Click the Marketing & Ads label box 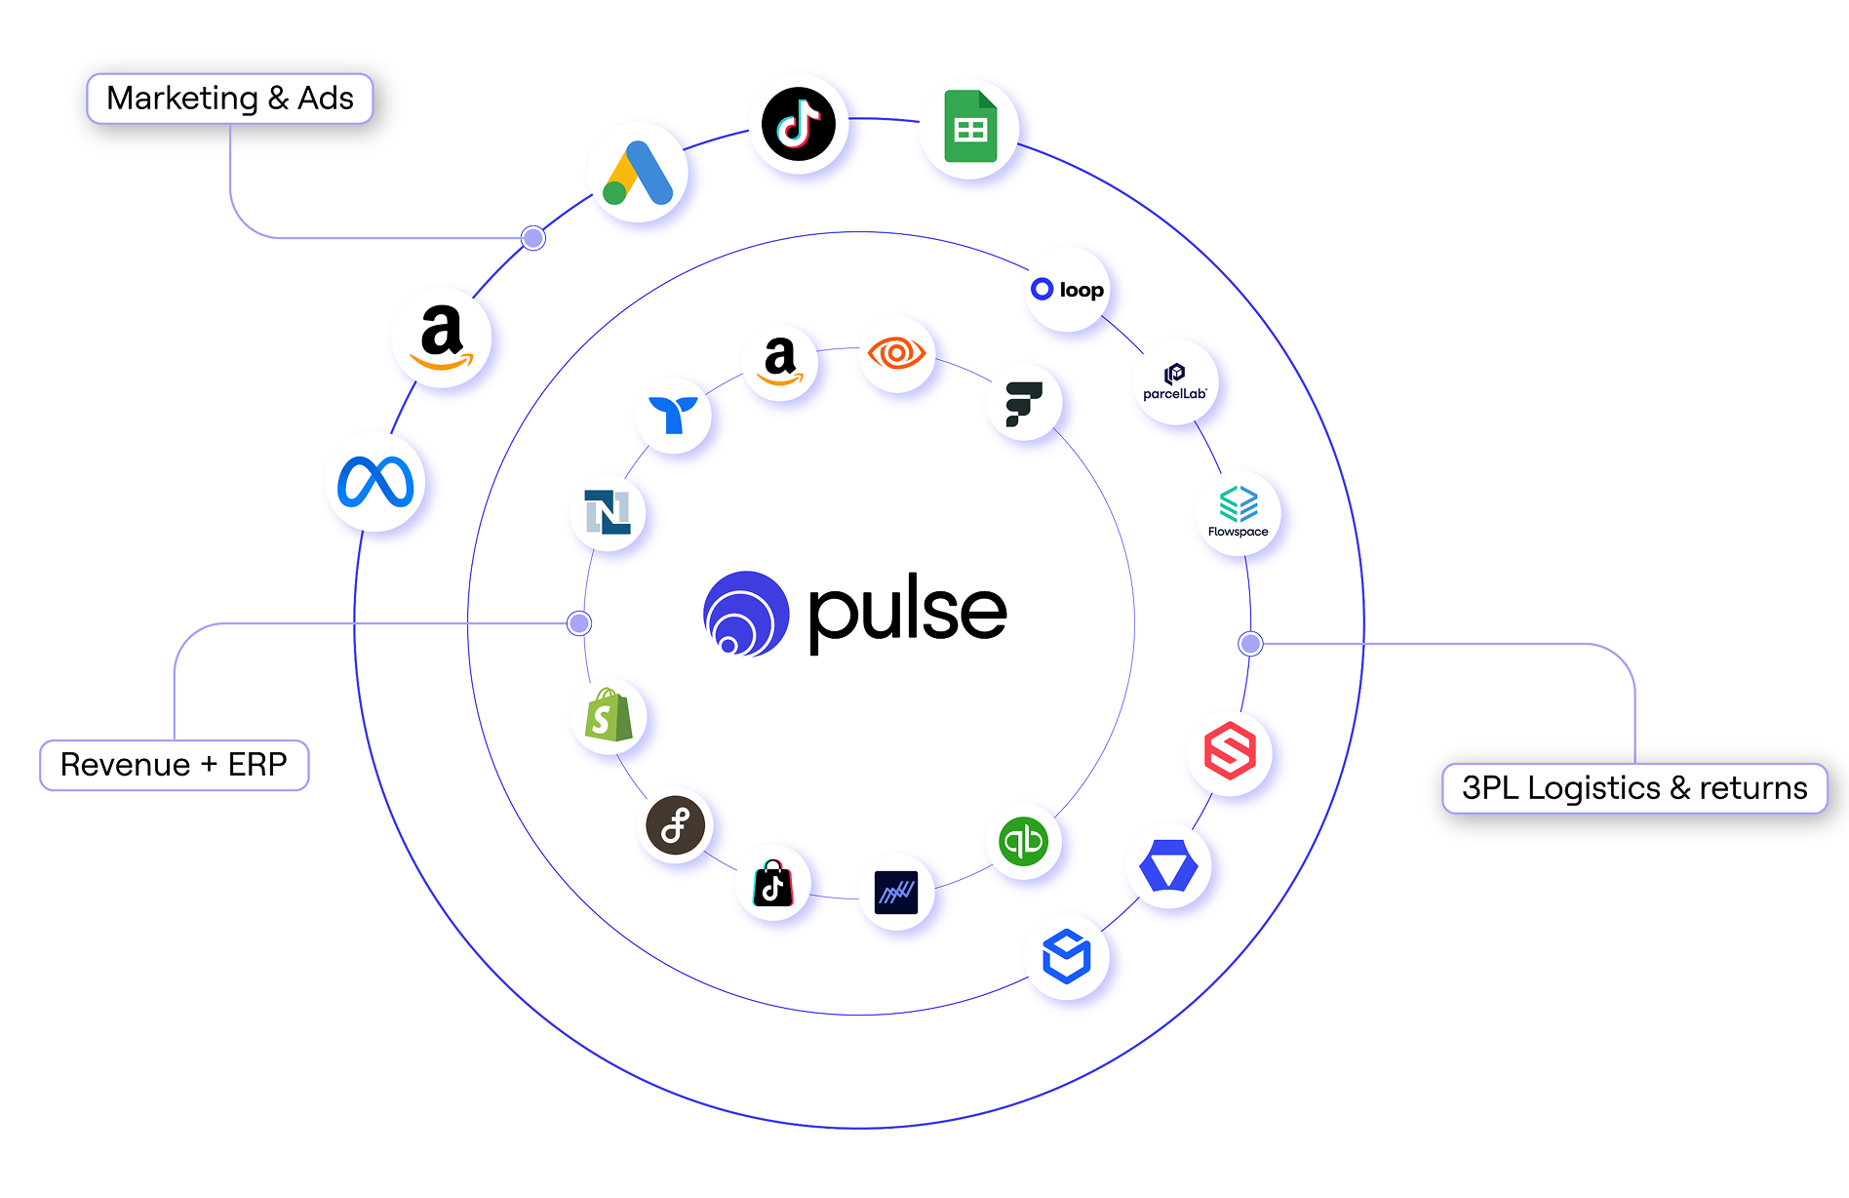point(230,99)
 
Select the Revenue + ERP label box point(174,765)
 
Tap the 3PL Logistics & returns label point(1633,788)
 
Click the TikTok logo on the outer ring point(799,124)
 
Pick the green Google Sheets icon point(969,128)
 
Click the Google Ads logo point(639,174)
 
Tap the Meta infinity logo point(375,483)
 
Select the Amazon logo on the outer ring point(442,338)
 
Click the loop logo point(1068,290)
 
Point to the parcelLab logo point(1175,381)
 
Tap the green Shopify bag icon point(609,715)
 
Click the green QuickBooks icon point(1023,841)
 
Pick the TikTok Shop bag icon point(773,884)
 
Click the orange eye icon point(896,353)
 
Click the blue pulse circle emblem point(746,614)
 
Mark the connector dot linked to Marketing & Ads point(533,238)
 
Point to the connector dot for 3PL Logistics point(1250,643)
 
